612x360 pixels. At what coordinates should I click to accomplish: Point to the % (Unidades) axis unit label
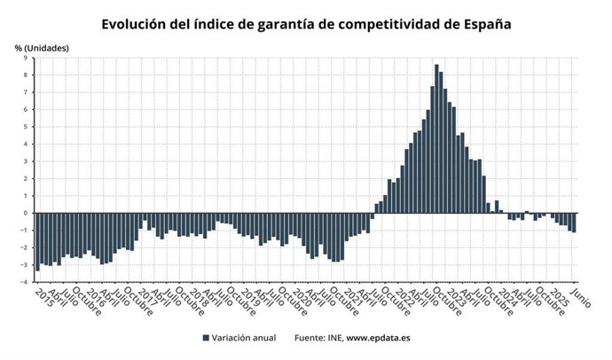click(41, 46)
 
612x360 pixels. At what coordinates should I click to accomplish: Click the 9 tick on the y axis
click(26, 58)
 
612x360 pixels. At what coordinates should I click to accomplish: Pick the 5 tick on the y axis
click(26, 127)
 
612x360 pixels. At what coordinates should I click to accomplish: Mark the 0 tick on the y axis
click(26, 213)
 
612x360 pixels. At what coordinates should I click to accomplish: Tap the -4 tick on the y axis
click(24, 282)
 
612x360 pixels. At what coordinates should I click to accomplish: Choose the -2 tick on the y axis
click(24, 247)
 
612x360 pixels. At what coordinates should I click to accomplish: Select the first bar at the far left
click(37, 240)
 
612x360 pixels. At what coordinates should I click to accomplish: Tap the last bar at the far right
click(574, 223)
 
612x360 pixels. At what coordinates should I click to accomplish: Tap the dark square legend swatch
click(206, 338)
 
